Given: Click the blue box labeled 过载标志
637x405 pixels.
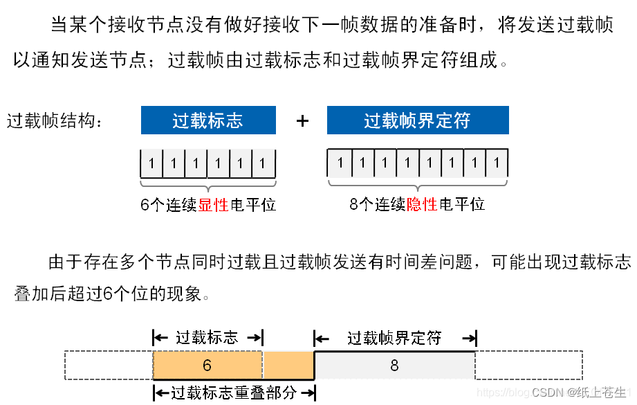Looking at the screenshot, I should (208, 120).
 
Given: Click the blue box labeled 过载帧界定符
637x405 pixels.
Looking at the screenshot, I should (418, 120).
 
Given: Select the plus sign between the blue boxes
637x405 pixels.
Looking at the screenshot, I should (302, 121).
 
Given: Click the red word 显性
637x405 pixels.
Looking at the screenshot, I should (213, 205).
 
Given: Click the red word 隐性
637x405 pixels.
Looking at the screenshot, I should (422, 204).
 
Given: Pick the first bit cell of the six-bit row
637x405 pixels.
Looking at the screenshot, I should (151, 164).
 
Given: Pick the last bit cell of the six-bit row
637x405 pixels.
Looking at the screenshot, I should (263, 164).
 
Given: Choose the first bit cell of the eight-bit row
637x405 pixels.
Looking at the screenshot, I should (339, 163).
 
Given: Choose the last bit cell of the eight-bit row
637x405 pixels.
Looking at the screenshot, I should (497, 163).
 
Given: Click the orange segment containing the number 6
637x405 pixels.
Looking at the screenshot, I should (207, 365).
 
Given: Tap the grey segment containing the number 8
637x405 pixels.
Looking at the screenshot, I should (395, 365).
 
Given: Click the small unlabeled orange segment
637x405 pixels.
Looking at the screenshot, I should (288, 365).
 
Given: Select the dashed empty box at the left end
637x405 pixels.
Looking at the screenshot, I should (109, 365).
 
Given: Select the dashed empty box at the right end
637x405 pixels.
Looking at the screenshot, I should (529, 365).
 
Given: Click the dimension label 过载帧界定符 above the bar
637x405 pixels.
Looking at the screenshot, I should (394, 338).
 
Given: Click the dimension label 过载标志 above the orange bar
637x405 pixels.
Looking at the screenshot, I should (207, 338).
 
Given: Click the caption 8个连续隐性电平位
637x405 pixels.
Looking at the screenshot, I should (417, 204).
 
